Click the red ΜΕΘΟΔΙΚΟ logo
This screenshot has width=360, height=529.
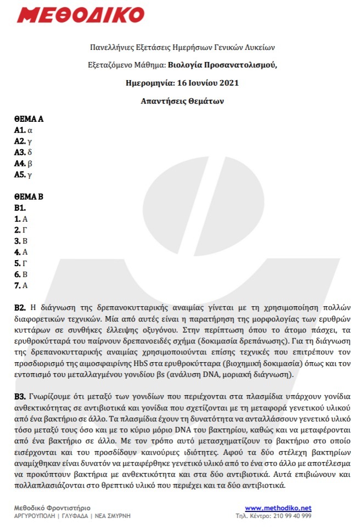[80, 15]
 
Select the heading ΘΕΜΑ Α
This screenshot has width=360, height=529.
[29, 119]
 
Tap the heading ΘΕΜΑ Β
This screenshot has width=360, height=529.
[29, 196]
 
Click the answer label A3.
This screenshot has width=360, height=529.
[20, 152]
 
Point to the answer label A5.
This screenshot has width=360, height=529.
[20, 175]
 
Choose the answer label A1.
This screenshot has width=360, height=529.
[20, 130]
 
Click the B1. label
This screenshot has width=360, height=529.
[20, 208]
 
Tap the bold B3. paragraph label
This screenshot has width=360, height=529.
[20, 395]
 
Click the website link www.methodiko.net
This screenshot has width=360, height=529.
[278, 508]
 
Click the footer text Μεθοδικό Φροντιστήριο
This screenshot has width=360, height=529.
[52, 508]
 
